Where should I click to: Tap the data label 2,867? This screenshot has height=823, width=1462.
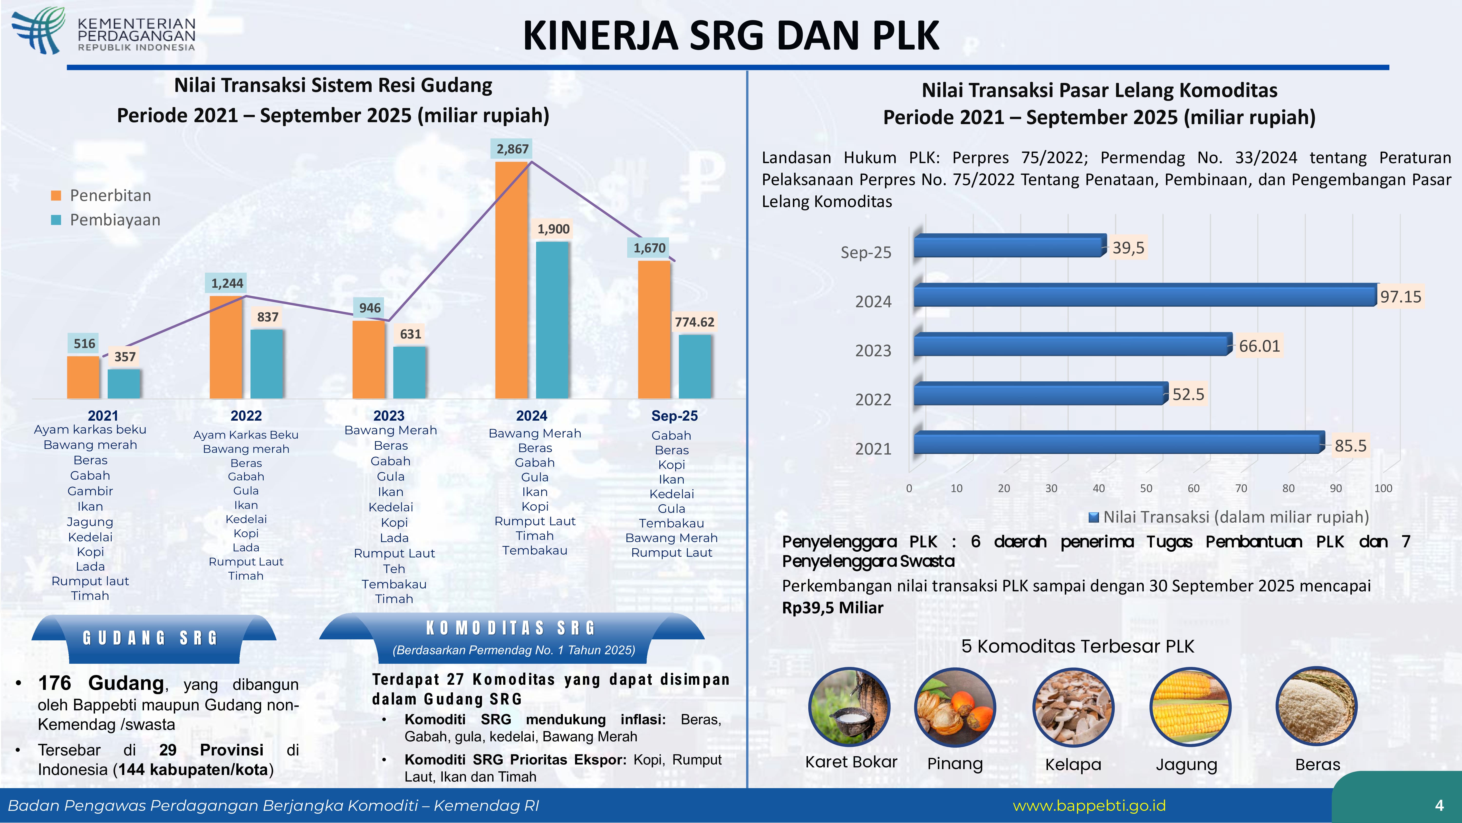coord(512,149)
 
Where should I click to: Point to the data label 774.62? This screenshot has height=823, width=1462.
coord(694,322)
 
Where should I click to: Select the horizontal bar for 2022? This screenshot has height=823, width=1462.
coord(1039,394)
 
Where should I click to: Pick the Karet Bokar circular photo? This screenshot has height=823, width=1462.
coord(849,707)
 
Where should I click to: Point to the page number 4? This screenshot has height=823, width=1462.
coord(1439,805)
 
